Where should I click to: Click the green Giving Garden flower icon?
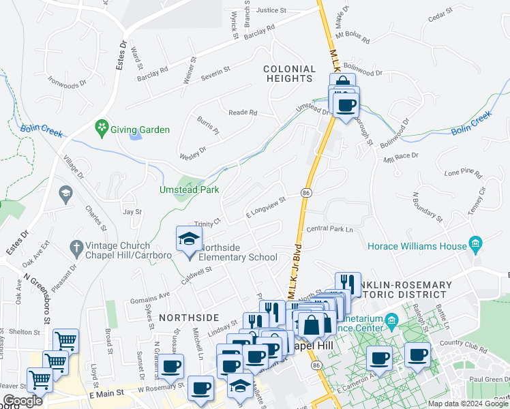(x=102, y=127)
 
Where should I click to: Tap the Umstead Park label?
(x=190, y=190)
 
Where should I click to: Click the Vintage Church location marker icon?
(x=76, y=245)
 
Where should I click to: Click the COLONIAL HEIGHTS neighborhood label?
(x=290, y=74)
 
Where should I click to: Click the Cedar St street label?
(x=440, y=14)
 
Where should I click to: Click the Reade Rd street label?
(x=243, y=112)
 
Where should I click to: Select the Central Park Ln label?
(x=329, y=230)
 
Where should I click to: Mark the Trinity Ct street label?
(x=208, y=222)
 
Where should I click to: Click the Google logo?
(x=22, y=401)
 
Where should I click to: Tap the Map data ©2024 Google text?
(x=467, y=404)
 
